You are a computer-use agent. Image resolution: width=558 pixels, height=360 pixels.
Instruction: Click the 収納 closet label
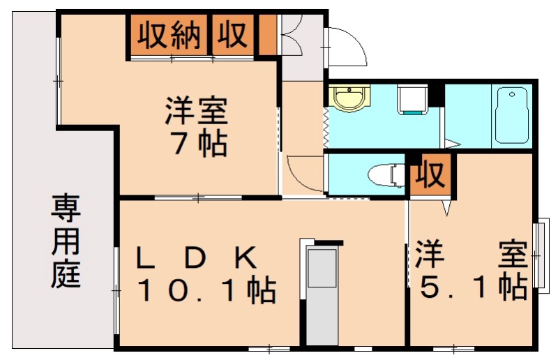click(x=168, y=34)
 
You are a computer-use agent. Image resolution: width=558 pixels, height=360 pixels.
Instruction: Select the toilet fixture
click(x=386, y=174)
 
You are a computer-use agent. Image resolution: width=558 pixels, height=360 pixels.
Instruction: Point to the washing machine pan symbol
click(x=412, y=100)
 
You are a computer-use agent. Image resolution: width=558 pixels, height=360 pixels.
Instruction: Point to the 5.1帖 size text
click(x=472, y=287)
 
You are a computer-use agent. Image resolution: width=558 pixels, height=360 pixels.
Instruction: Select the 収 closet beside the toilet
click(x=430, y=175)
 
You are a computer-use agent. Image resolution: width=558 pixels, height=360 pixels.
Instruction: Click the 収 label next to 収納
click(x=233, y=34)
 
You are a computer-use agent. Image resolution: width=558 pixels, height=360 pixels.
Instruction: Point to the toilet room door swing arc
click(x=304, y=173)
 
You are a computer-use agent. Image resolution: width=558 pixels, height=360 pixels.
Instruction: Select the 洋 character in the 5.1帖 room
click(x=430, y=254)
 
